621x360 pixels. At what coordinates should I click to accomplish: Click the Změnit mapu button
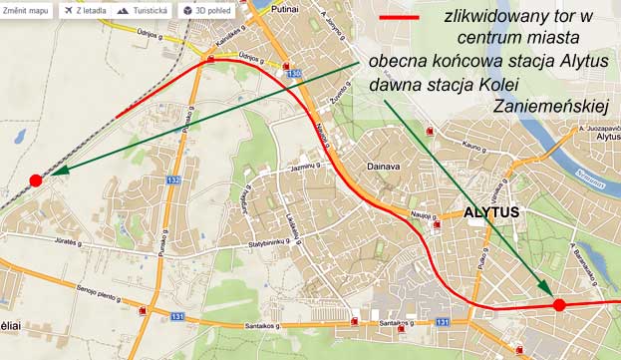click(28, 10)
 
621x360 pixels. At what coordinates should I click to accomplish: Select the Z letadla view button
click(86, 10)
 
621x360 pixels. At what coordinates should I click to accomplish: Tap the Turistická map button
click(144, 10)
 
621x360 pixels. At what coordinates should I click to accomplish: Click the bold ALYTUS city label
click(491, 213)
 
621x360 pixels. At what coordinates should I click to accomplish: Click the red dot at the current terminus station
click(36, 180)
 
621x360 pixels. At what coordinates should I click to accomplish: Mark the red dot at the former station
click(559, 304)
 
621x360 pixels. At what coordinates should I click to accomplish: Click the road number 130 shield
click(292, 74)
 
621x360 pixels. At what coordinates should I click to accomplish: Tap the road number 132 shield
click(174, 180)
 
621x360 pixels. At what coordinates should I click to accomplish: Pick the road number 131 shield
click(178, 316)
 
